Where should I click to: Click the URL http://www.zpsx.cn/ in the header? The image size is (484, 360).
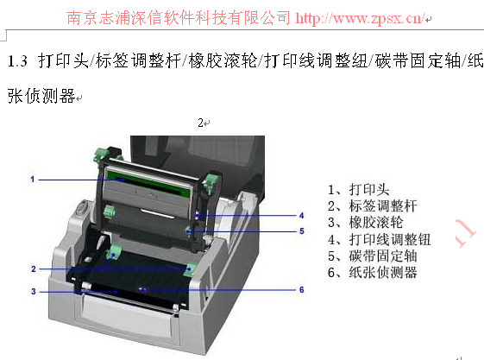click(361, 18)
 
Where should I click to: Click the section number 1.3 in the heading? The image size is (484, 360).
click(17, 60)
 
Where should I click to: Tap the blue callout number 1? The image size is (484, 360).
click(33, 180)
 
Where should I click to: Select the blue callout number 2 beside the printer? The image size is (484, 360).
click(34, 268)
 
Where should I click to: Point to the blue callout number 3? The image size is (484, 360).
click(34, 292)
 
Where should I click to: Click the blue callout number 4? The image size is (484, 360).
click(302, 216)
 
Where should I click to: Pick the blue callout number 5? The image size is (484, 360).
click(302, 231)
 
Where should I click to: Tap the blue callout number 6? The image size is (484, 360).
click(302, 289)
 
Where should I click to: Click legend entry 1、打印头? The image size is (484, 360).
click(358, 190)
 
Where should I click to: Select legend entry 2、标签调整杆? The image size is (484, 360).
click(373, 206)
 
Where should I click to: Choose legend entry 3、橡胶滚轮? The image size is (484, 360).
click(366, 222)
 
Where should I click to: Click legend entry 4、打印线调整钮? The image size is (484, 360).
click(380, 239)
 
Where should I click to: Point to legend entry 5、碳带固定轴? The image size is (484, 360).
click(373, 256)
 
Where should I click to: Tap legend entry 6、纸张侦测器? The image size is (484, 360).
click(373, 272)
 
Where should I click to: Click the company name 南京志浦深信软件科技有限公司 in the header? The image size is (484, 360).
click(178, 17)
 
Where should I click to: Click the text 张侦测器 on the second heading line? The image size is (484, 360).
click(41, 96)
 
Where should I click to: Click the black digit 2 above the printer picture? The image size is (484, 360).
click(201, 123)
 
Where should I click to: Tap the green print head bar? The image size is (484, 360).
click(148, 183)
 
